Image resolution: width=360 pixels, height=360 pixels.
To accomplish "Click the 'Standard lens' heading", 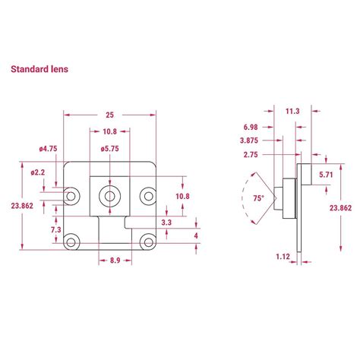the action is pyautogui.click(x=39, y=69).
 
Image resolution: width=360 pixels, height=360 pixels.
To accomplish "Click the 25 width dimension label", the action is pyautogui.click(x=109, y=115).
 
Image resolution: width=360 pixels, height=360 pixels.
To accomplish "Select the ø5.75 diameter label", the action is pyautogui.click(x=109, y=149).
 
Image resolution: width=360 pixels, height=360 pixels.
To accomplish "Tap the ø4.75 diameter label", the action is pyautogui.click(x=48, y=149).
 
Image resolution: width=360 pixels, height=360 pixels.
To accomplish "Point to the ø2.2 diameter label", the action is pyautogui.click(x=38, y=172).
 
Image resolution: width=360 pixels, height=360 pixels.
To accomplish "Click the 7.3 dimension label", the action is pyautogui.click(x=56, y=229).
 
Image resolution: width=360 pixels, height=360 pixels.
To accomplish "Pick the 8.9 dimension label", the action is pyautogui.click(x=115, y=261).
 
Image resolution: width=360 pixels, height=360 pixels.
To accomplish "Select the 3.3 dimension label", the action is pyautogui.click(x=166, y=223).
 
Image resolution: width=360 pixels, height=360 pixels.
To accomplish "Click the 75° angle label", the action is pyautogui.click(x=258, y=198).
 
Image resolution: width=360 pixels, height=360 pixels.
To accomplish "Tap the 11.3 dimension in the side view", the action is pyautogui.click(x=292, y=111).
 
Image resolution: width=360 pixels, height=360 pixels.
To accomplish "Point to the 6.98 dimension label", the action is pyautogui.click(x=251, y=127).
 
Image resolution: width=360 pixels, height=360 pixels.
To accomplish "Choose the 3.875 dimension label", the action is pyautogui.click(x=249, y=141).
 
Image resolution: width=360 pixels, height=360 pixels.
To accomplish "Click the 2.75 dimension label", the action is pyautogui.click(x=251, y=154).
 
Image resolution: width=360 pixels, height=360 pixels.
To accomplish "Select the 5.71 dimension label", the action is pyautogui.click(x=326, y=175).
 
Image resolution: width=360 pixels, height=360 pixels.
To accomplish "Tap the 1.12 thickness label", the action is pyautogui.click(x=283, y=257).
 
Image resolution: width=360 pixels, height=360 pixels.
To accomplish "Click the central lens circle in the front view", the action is pyautogui.click(x=109, y=196).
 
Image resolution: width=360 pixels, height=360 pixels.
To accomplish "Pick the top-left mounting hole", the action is pyautogui.click(x=71, y=196).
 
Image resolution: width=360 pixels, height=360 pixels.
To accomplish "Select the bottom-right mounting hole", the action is pyautogui.click(x=148, y=242).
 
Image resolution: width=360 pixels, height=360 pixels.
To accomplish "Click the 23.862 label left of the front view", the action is pyautogui.click(x=22, y=206).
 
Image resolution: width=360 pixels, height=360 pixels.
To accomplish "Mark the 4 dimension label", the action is pyautogui.click(x=196, y=236).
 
